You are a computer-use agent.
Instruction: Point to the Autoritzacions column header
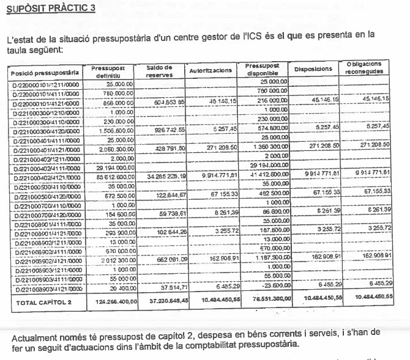[x=211, y=71]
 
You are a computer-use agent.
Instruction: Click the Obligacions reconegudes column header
[x=363, y=67]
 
